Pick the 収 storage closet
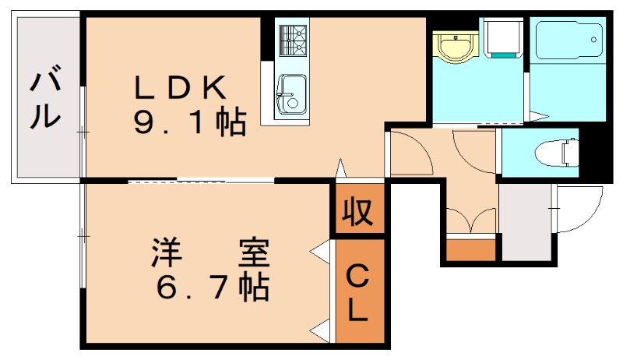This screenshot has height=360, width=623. pyautogui.click(x=359, y=210)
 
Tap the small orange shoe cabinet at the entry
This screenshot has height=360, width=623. pyautogui.click(x=471, y=249)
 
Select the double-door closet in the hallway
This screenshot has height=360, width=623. pyautogui.click(x=471, y=218)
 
